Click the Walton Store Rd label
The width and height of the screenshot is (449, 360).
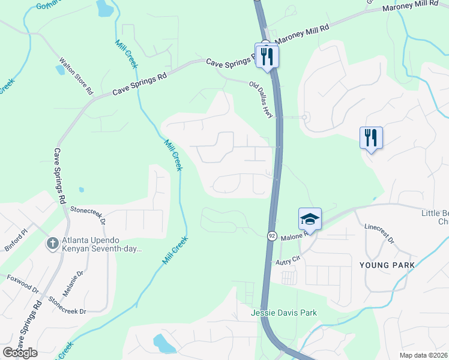pos(77,76)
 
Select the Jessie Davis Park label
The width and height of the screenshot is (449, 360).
pos(284,313)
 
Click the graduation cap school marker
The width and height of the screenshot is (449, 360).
pos(310,219)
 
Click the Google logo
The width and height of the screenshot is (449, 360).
pos(20,352)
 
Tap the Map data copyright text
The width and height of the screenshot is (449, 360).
pos(423,355)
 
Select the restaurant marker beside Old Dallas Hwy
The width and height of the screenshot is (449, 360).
pos(267,56)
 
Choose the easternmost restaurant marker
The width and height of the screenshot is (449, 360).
pos(372,138)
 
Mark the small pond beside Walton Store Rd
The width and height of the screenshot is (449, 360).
pos(60,69)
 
